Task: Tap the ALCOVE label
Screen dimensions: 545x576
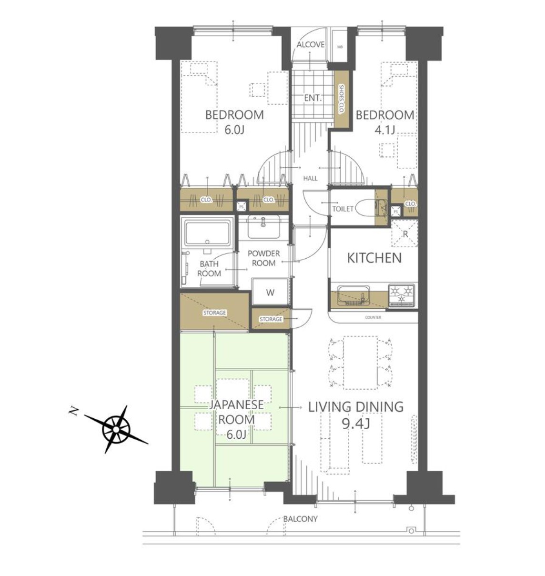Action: click(310, 44)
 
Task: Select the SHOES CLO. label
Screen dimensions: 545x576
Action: click(341, 99)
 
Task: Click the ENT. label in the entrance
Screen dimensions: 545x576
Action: click(313, 98)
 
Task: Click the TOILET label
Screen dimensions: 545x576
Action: click(343, 209)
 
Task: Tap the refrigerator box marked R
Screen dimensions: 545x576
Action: click(404, 233)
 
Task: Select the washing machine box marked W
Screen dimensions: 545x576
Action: click(270, 292)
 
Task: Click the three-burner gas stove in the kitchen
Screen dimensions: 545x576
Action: click(402, 295)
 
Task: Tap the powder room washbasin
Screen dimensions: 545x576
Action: click(263, 227)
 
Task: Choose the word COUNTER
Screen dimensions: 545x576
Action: click(373, 317)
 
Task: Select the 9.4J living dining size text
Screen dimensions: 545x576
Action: click(356, 423)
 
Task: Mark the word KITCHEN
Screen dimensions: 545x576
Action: click(374, 258)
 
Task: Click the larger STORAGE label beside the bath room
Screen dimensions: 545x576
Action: click(214, 313)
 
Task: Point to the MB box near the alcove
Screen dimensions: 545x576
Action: click(340, 47)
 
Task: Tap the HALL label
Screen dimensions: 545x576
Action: click(310, 178)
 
